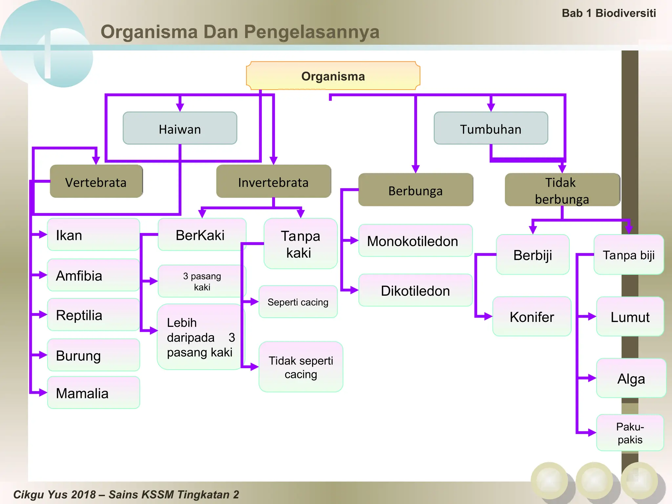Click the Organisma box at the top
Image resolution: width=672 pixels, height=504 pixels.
pyautogui.click(x=333, y=76)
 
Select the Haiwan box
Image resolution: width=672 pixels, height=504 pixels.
pyautogui.click(x=180, y=128)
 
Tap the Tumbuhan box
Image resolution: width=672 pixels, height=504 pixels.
pyautogui.click(x=491, y=128)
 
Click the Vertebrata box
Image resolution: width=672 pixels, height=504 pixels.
pyautogui.click(x=96, y=181)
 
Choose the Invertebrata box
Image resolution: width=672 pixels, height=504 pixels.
pyautogui.click(x=273, y=181)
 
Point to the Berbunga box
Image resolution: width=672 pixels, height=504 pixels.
pyautogui.click(x=415, y=190)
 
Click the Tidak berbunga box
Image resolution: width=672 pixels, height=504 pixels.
pyautogui.click(x=562, y=190)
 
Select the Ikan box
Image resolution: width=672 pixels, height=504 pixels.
pyautogui.click(x=94, y=235)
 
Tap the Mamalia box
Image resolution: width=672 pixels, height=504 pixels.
pyautogui.click(x=94, y=392)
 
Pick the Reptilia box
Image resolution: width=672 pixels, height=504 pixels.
pyautogui.click(x=94, y=315)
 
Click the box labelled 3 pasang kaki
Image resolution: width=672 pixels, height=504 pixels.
pyautogui.click(x=202, y=281)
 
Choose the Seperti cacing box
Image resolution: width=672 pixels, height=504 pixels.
pyautogui.click(x=298, y=302)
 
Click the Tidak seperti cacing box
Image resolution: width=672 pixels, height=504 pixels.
pyautogui.click(x=301, y=367)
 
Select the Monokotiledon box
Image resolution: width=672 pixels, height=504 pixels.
pyautogui.click(x=415, y=241)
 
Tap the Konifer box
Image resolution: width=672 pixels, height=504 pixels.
pyautogui.click(x=532, y=316)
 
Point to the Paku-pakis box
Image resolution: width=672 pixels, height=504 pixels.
pyautogui.click(x=630, y=432)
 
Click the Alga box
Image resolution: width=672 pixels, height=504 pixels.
pyautogui.click(x=631, y=378)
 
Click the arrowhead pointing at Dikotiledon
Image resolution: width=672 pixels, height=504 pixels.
pyautogui.click(x=354, y=290)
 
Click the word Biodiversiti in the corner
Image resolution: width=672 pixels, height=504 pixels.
pyautogui.click(x=625, y=13)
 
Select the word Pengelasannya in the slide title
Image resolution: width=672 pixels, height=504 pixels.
pyautogui.click(x=311, y=32)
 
